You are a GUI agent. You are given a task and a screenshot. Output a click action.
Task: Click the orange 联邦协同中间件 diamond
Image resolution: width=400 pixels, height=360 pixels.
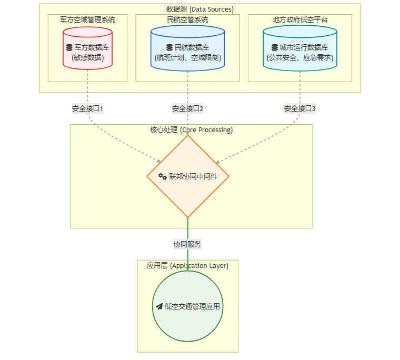(188, 177)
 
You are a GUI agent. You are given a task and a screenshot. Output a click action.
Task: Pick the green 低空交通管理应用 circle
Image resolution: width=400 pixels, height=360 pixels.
(188, 306)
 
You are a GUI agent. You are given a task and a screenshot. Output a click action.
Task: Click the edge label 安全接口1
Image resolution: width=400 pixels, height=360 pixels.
(87, 109)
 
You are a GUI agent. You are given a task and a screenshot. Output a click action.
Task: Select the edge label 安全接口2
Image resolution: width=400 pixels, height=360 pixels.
(187, 109)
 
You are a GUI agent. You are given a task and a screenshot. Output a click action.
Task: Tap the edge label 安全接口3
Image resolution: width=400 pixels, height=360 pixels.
(300, 109)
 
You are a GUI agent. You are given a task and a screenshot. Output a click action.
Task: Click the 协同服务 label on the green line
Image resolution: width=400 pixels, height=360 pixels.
(187, 244)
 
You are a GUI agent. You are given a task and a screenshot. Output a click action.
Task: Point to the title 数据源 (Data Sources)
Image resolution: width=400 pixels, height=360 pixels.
(199, 9)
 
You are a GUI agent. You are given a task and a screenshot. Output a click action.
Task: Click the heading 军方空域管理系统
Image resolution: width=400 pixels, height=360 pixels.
(87, 19)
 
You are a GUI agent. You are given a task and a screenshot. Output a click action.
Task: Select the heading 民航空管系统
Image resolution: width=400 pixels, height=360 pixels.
(187, 19)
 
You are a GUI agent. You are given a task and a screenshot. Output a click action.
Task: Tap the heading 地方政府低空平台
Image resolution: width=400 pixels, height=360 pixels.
(300, 19)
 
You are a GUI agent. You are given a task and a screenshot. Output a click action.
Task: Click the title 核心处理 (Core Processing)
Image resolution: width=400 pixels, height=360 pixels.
(191, 129)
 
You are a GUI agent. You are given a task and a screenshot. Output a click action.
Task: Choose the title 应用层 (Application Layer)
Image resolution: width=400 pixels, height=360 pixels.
(187, 266)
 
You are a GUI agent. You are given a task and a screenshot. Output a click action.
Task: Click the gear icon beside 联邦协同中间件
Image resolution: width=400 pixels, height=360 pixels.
(163, 177)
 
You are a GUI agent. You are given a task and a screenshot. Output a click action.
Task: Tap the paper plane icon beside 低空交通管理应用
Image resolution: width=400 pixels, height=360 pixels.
(159, 306)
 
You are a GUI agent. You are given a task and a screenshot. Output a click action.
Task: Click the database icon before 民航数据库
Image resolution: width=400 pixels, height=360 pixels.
(169, 47)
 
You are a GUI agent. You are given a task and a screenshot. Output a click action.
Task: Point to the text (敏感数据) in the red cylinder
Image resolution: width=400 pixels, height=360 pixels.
(87, 57)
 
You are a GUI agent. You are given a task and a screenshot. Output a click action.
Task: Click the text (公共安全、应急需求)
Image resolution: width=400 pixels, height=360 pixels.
(300, 57)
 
